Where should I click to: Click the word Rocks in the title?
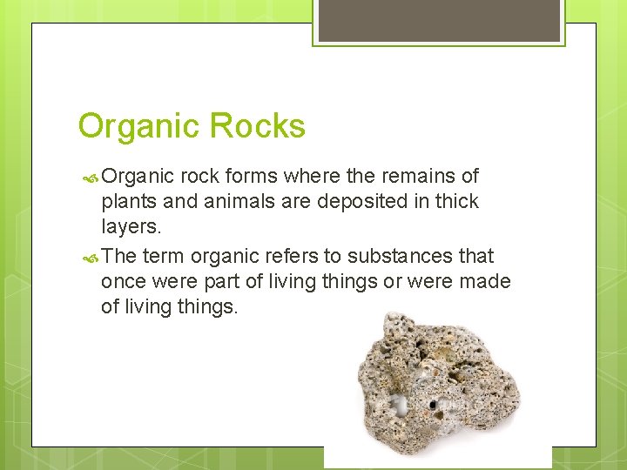coord(260,127)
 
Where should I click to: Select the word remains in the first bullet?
coord(422,177)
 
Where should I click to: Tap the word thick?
coord(454,202)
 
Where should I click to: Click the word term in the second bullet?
coord(164,257)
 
